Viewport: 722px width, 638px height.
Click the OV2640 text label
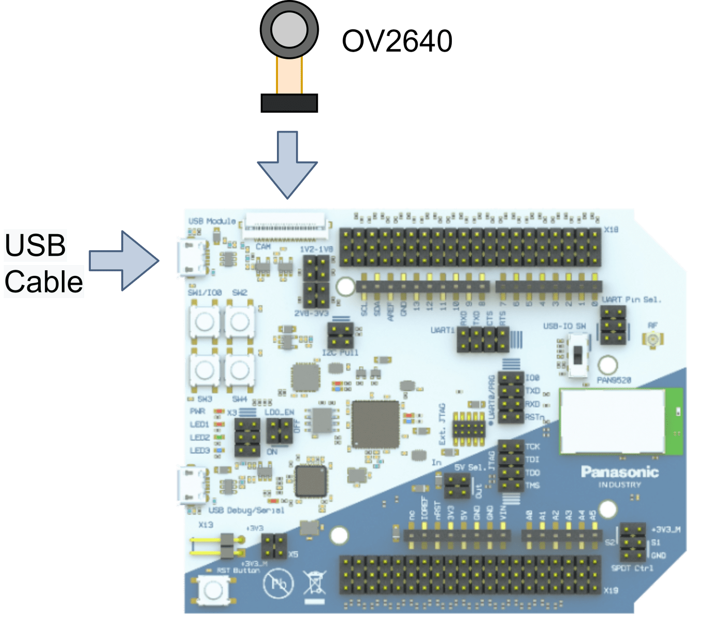(397, 41)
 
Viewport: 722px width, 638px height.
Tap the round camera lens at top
(289, 29)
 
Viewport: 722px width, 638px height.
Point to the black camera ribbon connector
(289, 103)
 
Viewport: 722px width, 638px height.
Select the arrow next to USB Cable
(124, 260)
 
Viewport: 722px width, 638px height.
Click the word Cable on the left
(44, 282)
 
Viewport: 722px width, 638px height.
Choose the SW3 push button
(205, 369)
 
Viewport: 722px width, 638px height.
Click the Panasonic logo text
(619, 472)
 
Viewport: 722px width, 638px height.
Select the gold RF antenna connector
(653, 339)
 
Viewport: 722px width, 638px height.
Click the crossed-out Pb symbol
(278, 584)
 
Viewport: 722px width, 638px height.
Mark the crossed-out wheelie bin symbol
(315, 584)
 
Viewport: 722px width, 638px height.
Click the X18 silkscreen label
(611, 229)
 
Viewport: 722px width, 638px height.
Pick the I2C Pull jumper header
(340, 336)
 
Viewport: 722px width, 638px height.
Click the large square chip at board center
(375, 424)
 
